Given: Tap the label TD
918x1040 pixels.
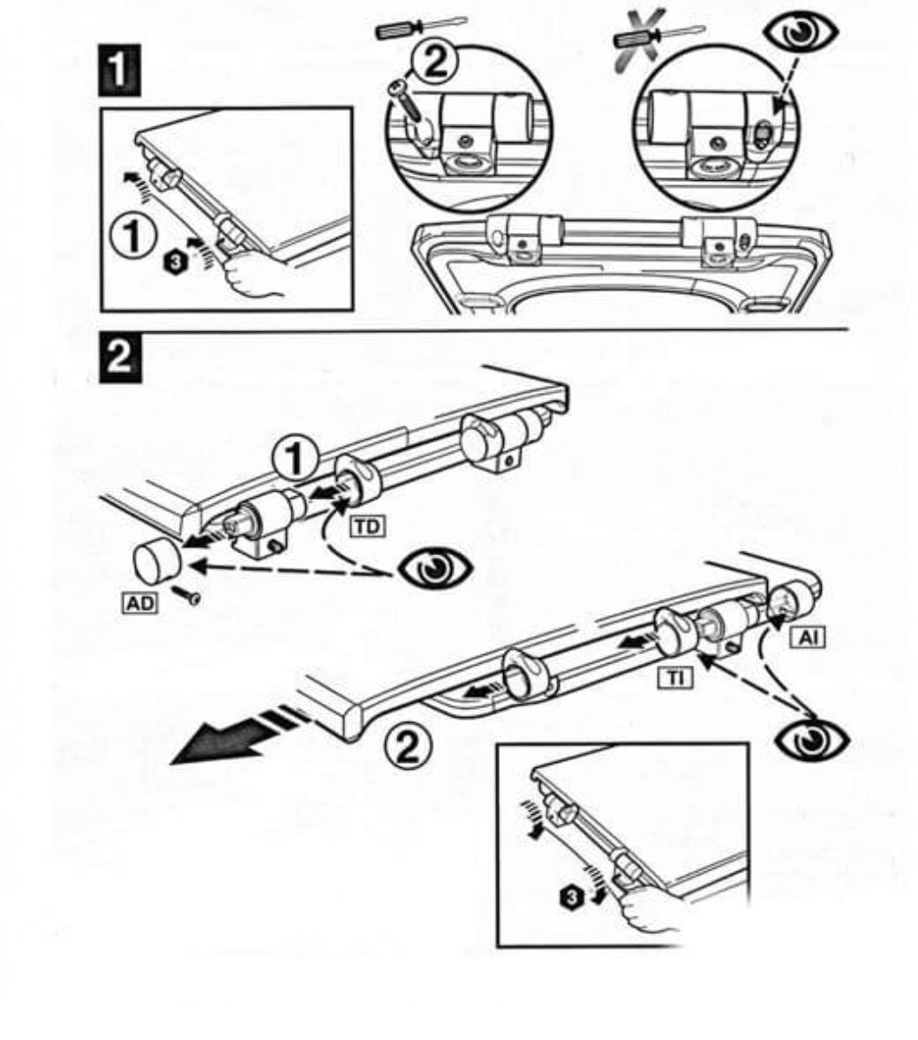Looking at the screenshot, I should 365,526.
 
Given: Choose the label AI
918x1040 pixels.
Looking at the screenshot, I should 807,636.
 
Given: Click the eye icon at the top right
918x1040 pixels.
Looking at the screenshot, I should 801,33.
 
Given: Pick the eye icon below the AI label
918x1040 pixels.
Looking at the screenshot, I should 813,739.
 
